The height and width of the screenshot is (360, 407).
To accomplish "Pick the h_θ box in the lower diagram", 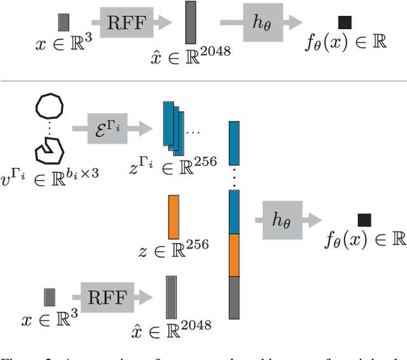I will coord(280,219).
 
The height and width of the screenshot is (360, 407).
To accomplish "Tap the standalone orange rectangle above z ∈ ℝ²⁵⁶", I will coord(174,217).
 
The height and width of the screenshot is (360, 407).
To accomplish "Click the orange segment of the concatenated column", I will coord(235,255).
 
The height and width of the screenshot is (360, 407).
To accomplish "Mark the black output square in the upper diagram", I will coord(344,23).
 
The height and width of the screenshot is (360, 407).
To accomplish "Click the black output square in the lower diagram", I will coord(364,220).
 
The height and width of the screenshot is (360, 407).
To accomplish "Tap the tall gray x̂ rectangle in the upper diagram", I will coord(190,23).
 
